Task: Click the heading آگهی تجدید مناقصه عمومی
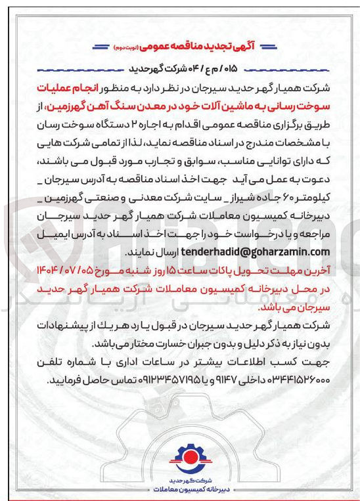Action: tap(194, 47)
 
